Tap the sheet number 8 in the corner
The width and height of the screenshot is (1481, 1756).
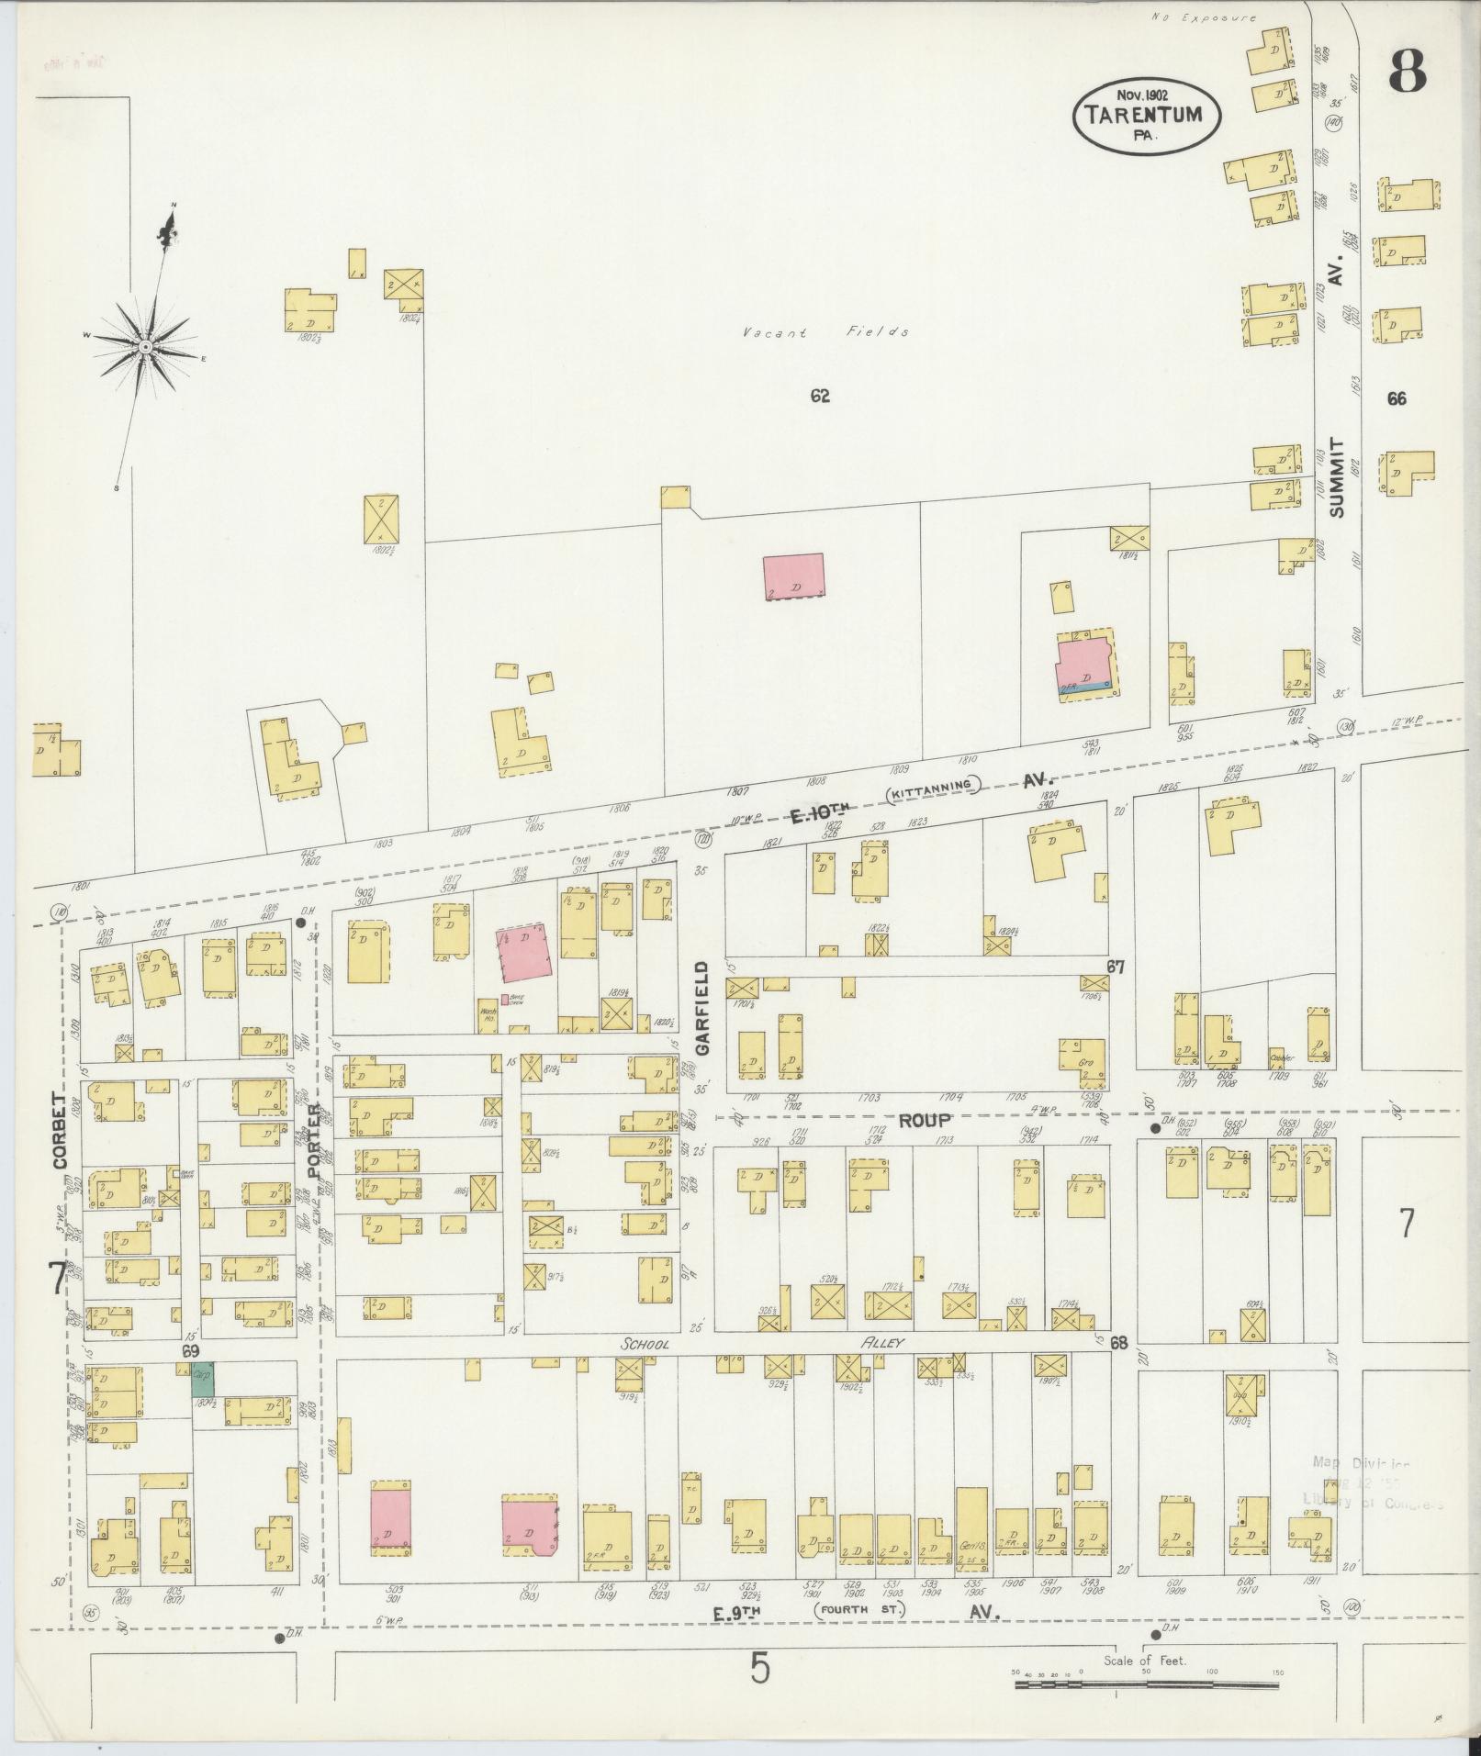click(x=1406, y=71)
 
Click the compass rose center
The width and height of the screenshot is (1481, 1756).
click(x=145, y=346)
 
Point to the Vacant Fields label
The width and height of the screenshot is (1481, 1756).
click(x=825, y=332)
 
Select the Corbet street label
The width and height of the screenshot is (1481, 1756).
click(x=62, y=1128)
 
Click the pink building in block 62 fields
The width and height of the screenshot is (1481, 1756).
click(x=793, y=576)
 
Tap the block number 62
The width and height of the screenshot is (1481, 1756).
click(x=820, y=397)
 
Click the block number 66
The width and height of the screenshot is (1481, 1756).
click(x=1397, y=398)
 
